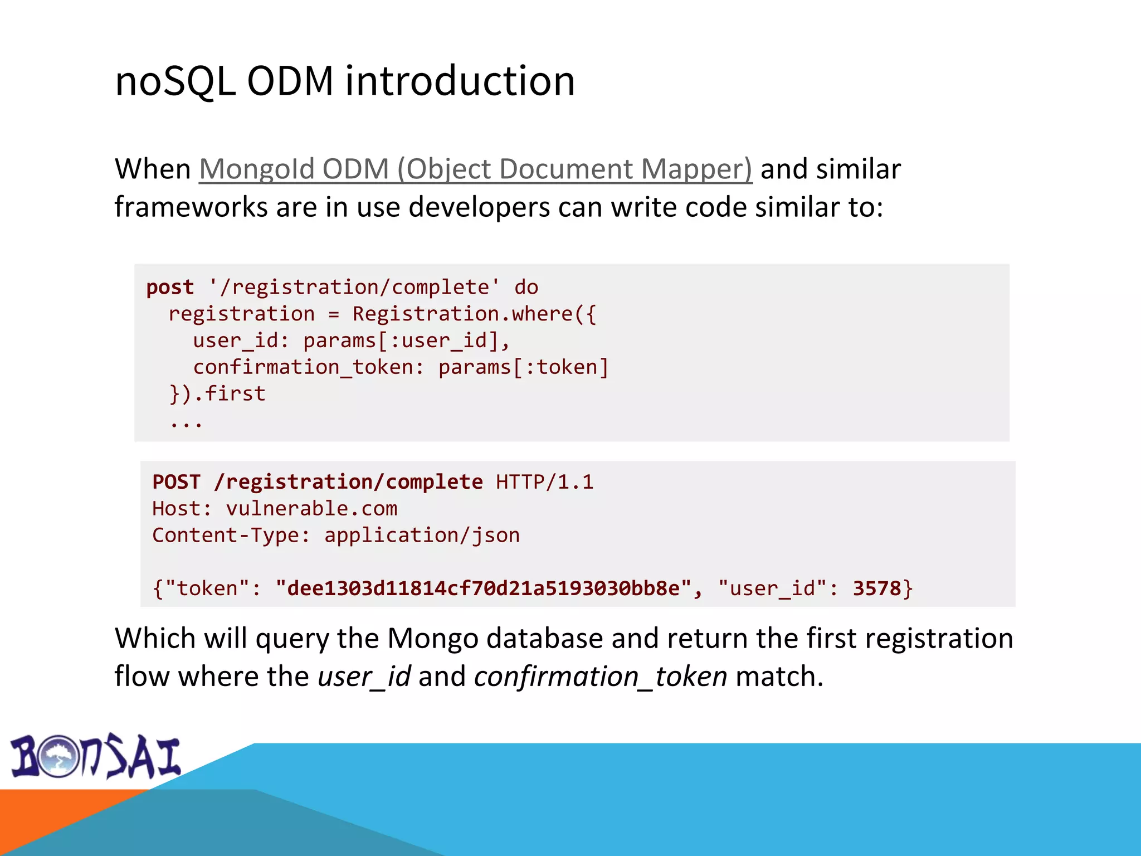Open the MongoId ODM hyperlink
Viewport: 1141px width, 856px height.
(x=475, y=169)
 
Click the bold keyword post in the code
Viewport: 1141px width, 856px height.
(x=170, y=288)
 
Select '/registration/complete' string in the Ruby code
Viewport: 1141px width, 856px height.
(x=354, y=288)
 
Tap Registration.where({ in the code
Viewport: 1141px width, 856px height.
(x=474, y=314)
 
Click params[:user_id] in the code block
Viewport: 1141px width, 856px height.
(x=401, y=341)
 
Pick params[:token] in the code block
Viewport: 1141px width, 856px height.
(x=523, y=367)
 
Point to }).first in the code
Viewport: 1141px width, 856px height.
(x=217, y=394)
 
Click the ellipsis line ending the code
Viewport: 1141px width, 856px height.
(x=186, y=422)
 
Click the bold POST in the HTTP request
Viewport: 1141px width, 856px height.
(x=176, y=482)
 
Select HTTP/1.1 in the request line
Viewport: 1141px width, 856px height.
(x=544, y=482)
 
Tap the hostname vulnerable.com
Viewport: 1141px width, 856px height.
(x=311, y=509)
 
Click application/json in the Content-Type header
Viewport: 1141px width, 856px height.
(x=422, y=536)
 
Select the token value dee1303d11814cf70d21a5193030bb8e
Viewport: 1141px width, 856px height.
(x=483, y=588)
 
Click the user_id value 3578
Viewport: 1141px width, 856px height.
(x=876, y=588)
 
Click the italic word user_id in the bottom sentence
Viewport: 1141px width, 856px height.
(x=364, y=677)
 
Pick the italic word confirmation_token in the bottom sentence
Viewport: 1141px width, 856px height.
(x=601, y=677)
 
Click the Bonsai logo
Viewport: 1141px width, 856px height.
(x=96, y=757)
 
